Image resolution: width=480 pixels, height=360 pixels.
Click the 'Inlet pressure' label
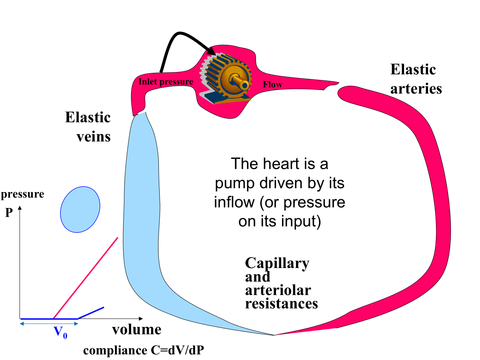tap(166, 82)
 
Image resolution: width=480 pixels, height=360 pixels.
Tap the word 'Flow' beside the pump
tap(272, 84)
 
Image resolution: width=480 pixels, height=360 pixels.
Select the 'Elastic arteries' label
tap(416, 79)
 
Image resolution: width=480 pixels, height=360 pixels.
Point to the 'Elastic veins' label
tap(88, 127)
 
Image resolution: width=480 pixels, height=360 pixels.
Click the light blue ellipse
tap(80, 209)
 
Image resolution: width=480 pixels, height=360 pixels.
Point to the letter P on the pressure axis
tap(9, 213)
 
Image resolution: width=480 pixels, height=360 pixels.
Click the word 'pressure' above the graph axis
tap(23, 195)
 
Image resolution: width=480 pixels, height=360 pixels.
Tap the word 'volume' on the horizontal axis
tap(136, 330)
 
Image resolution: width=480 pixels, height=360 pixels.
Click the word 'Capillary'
tap(277, 264)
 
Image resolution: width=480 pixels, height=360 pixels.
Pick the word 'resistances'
tap(281, 303)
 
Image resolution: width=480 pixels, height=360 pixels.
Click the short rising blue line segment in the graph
tap(91, 313)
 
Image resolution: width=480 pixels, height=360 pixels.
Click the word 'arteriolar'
tap(278, 290)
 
